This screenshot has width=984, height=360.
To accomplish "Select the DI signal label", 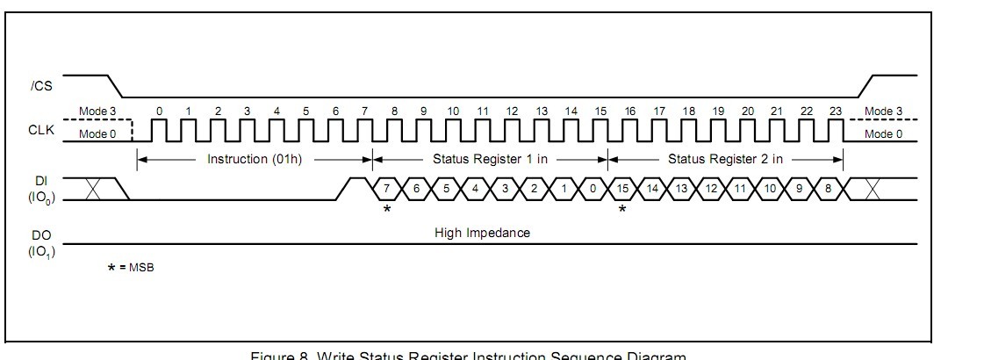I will coord(40,182).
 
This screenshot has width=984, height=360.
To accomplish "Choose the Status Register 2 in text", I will coord(725,159).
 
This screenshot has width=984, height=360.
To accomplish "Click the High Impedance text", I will coord(482,233).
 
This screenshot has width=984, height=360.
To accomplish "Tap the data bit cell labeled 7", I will coord(387,189).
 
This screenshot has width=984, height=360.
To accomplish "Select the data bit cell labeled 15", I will coord(623,189).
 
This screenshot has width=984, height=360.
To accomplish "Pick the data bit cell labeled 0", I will coord(594,189).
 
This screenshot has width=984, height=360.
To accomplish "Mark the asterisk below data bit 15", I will coord(622,209).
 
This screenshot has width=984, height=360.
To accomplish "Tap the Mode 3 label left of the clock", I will coord(97,112).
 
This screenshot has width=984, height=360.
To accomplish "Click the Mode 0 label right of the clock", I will coord(883,133).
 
